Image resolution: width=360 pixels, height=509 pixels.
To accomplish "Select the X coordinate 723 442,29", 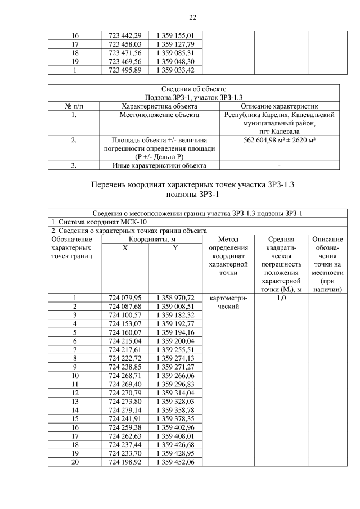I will click(x=125, y=36).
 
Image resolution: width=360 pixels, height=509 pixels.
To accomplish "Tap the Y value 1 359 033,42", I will click(x=175, y=70).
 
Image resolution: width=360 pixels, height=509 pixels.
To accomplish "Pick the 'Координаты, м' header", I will click(x=151, y=239).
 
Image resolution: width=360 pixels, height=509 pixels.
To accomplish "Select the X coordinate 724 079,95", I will click(x=125, y=298).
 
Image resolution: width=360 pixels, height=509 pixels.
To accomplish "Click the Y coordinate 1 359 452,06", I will click(x=175, y=462).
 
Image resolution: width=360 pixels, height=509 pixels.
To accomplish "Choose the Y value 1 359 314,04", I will click(x=175, y=393).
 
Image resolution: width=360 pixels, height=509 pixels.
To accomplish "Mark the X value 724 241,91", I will click(x=125, y=419).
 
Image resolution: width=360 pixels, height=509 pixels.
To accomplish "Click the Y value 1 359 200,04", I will click(x=175, y=341).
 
